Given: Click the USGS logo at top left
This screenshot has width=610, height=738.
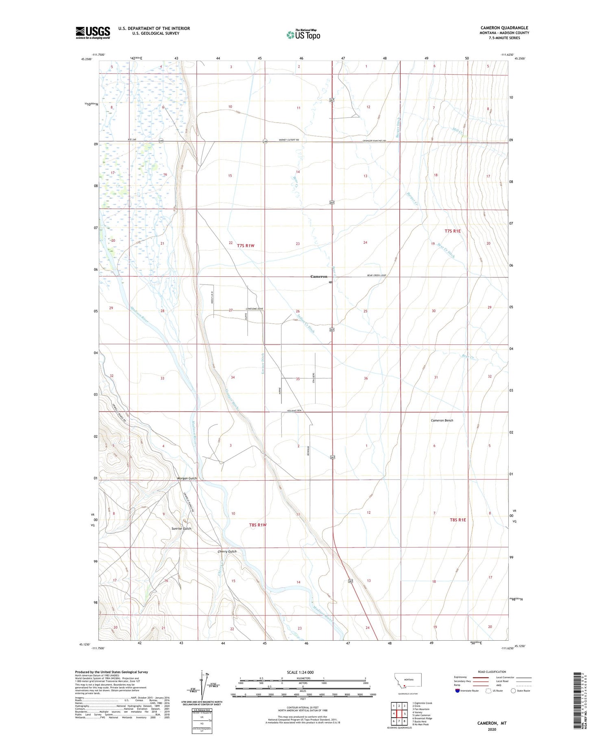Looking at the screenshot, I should pyautogui.click(x=93, y=33).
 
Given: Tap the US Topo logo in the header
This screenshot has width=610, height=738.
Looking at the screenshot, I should pyautogui.click(x=303, y=35).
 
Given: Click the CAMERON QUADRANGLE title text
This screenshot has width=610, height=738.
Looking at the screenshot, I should pyautogui.click(x=504, y=28).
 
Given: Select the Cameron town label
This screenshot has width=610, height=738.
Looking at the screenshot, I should pyautogui.click(x=318, y=276).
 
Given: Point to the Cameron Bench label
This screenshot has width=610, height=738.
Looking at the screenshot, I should pyautogui.click(x=442, y=420).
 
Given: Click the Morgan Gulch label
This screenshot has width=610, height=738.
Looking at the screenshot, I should pyautogui.click(x=187, y=478).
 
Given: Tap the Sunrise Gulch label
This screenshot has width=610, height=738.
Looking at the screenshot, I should pyautogui.click(x=181, y=528).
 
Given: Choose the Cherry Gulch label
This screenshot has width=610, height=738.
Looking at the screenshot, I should pyautogui.click(x=227, y=552).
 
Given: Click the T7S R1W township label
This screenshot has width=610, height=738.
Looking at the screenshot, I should pyautogui.click(x=245, y=245).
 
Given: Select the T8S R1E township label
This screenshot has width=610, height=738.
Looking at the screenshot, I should pyautogui.click(x=457, y=520).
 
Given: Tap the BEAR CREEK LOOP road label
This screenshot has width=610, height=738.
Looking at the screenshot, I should pyautogui.click(x=377, y=276).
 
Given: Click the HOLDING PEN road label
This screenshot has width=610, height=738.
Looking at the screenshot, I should pyautogui.click(x=294, y=411).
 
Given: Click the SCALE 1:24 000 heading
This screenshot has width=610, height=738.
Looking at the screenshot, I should pyautogui.click(x=303, y=672).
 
